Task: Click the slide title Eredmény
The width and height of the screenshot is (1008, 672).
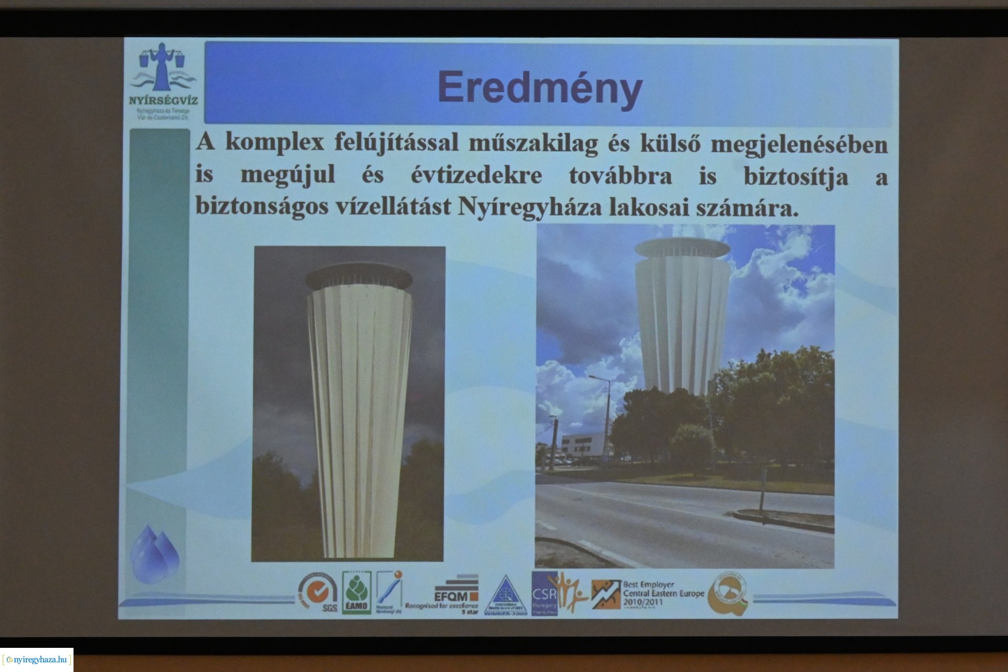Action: [540, 88]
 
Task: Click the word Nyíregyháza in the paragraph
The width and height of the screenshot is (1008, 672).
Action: [530, 207]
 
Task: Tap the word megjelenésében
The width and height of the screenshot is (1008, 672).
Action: [799, 144]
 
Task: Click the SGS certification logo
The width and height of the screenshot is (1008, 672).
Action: [318, 594]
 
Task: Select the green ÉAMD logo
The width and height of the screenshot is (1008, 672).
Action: [357, 593]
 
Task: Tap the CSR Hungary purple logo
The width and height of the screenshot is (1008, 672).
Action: [544, 594]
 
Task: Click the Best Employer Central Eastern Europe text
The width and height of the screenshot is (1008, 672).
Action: [663, 593]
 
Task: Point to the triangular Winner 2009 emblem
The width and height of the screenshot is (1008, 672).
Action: [505, 595]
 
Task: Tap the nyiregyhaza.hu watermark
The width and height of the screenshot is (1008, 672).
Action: [37, 659]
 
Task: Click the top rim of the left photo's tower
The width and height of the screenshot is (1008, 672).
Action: [359, 275]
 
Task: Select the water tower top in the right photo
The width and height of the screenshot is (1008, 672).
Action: [682, 248]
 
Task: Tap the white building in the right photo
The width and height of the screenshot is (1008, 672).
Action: [582, 446]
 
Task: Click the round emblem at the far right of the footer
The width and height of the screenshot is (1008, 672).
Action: [729, 594]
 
